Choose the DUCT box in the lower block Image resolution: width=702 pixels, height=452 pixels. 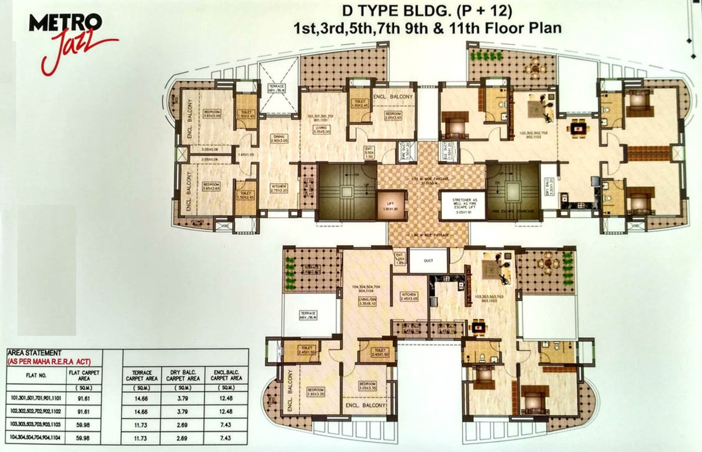[428, 260]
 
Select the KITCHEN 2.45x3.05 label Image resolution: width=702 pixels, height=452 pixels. [410, 297]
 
